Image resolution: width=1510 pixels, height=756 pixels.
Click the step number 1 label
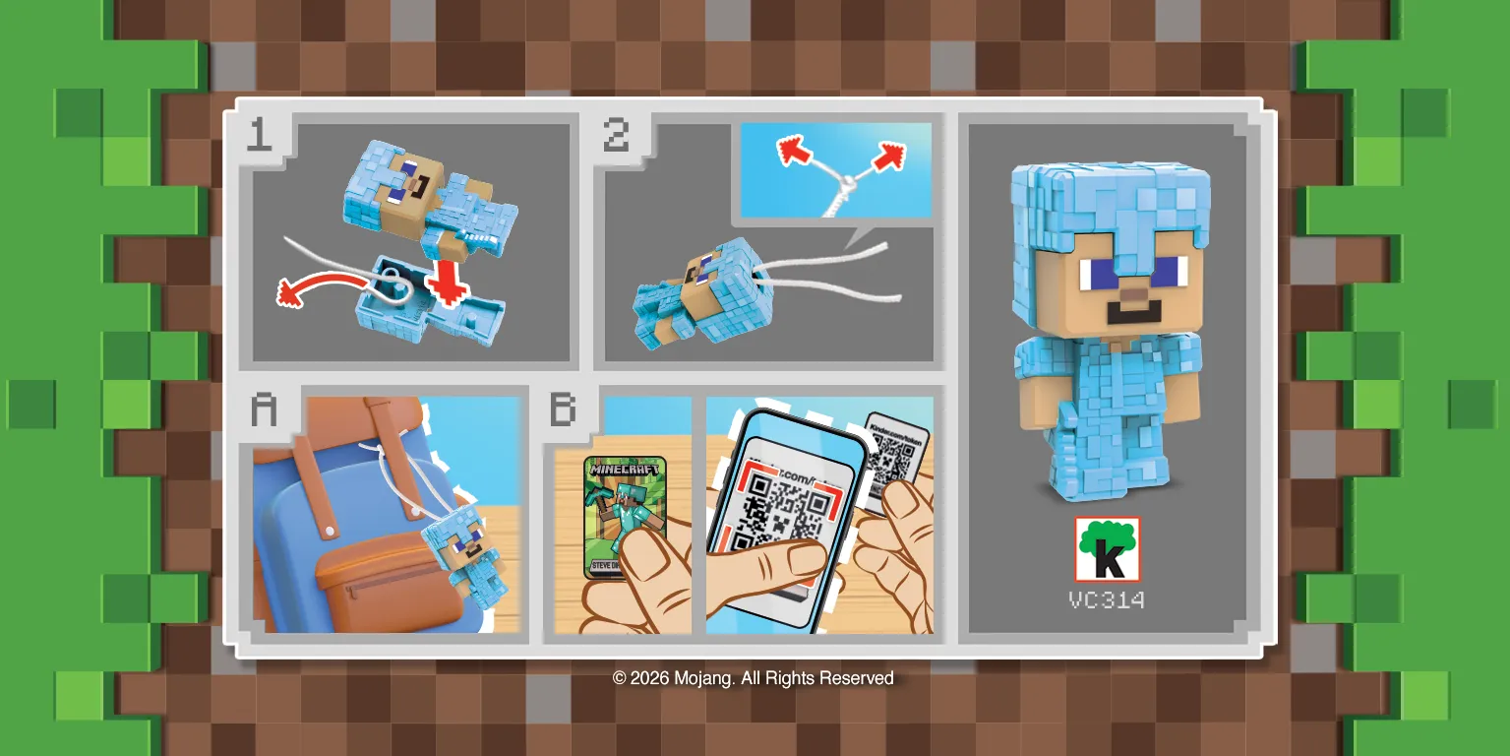[259, 136]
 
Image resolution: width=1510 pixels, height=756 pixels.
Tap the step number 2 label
[617, 136]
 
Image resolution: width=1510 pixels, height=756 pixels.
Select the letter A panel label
[264, 409]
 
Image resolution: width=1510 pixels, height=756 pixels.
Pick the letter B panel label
[563, 409]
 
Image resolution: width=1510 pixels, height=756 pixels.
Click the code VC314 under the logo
[1107, 599]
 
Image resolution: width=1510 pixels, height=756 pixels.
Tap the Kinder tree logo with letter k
[1107, 549]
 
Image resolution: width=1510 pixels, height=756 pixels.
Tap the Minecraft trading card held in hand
[612, 512]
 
